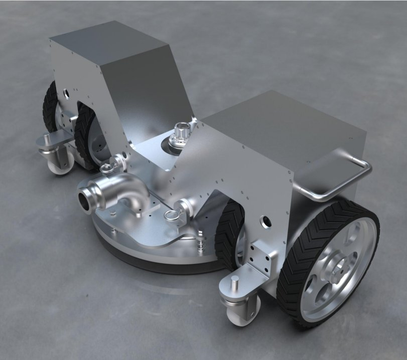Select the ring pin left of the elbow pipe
tap(107, 167)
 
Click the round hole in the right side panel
tap(265, 220)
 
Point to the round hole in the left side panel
tap(67, 92)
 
